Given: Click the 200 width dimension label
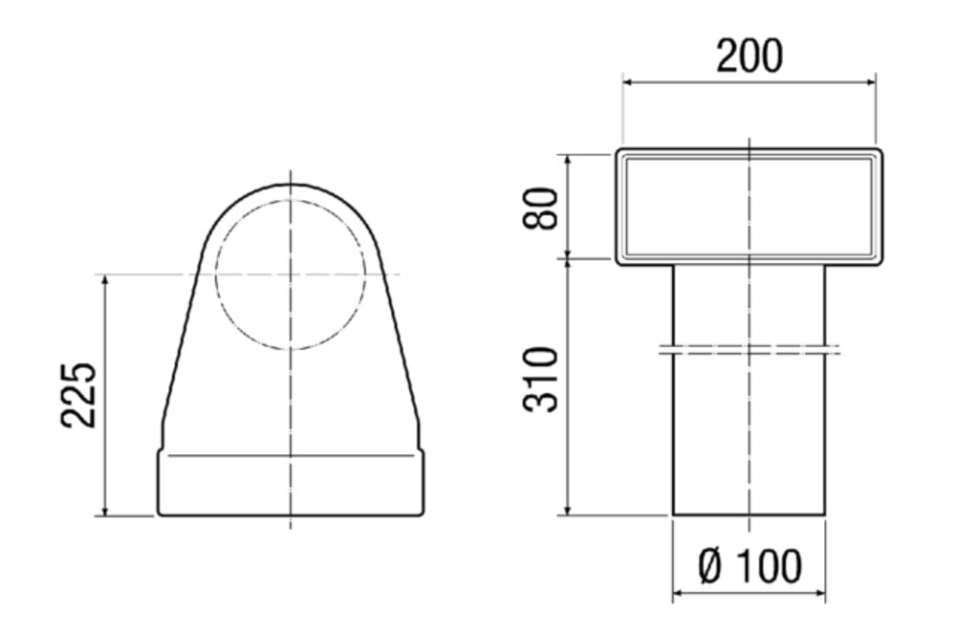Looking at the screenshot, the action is [749, 56].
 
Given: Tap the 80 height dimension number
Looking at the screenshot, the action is [541, 208].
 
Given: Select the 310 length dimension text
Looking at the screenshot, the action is [541, 380].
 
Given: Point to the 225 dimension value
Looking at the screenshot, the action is [78, 395].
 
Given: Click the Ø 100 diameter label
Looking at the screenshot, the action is [750, 566].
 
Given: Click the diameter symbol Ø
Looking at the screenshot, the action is [710, 566].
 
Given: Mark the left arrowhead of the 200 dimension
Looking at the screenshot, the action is [629, 81].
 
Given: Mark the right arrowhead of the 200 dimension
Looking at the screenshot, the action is [869, 81].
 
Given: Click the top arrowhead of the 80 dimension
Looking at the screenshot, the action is [568, 161].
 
